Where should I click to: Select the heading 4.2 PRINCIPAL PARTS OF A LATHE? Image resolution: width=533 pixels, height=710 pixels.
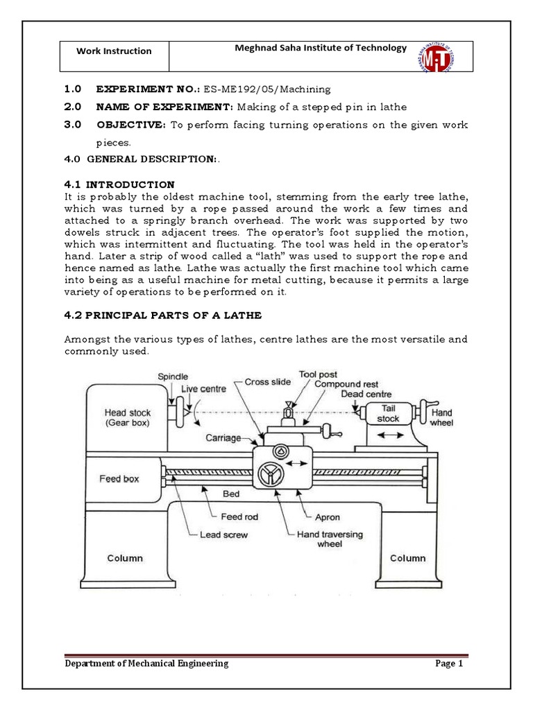162,315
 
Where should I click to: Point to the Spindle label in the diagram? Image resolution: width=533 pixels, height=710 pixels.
172,376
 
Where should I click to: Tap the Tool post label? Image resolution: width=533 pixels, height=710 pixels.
319,374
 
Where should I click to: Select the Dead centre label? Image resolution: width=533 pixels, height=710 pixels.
366,394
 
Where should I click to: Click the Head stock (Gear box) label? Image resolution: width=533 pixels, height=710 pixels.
128,417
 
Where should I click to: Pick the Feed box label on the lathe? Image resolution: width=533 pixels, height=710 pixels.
119,478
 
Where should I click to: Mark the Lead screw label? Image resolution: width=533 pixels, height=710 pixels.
223,535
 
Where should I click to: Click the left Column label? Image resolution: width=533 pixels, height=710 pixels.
125,557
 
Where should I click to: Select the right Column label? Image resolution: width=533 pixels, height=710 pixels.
408,557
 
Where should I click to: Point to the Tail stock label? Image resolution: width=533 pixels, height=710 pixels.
388,414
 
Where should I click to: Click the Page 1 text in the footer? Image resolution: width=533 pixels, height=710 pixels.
448,664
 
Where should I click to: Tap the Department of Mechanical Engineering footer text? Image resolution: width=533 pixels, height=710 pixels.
146,664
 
